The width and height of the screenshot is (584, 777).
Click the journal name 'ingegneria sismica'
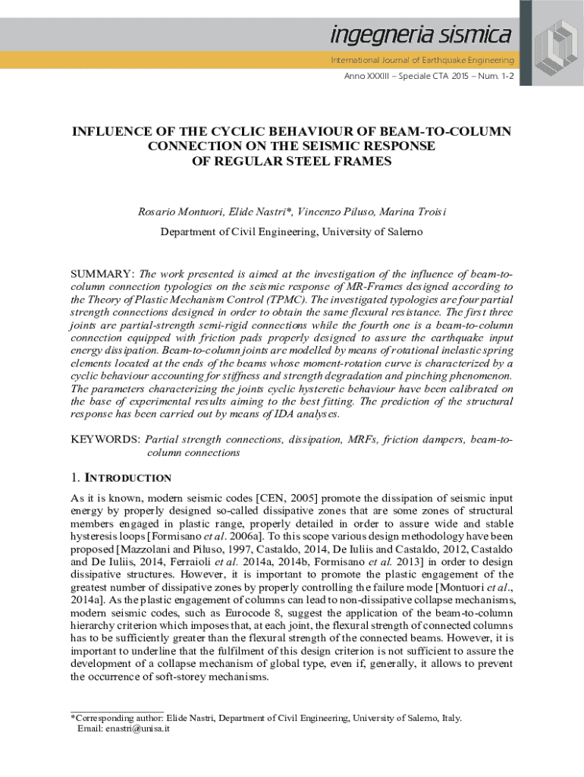(419, 36)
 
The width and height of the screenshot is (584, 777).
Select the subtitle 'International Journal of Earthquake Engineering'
(421, 59)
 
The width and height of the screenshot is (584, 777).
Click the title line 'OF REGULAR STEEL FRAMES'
(292, 161)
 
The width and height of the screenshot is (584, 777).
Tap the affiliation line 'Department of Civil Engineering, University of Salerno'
(292, 231)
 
